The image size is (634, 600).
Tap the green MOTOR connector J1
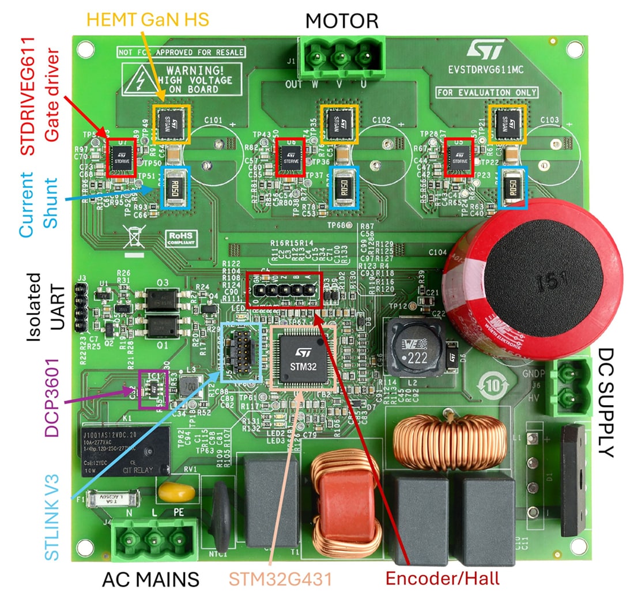[x=341, y=58]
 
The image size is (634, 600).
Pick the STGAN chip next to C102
[x=335, y=123]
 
